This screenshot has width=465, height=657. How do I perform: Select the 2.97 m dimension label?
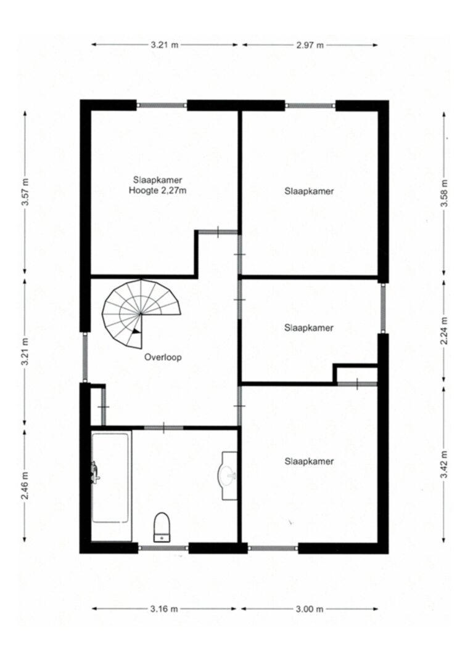pos(310,45)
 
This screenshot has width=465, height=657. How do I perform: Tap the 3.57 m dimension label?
pos(26,192)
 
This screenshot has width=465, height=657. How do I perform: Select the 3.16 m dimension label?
pos(163,609)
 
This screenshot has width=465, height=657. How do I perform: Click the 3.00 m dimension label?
pos(310,609)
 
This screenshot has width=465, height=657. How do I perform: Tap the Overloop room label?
pos(163,357)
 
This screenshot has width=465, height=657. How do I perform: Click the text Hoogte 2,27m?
pos(157,191)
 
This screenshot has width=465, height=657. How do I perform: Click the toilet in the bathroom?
pos(161,526)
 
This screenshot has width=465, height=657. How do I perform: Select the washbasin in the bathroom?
pos(229,475)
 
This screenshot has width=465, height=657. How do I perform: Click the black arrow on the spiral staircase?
pos(136,331)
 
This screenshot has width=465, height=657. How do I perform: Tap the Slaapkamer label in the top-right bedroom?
pos(309,191)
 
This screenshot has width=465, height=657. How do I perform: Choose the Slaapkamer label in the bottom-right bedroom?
pos(309,461)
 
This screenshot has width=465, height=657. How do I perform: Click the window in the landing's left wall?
pos(85,357)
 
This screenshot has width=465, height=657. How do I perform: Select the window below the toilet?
pos(163,547)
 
